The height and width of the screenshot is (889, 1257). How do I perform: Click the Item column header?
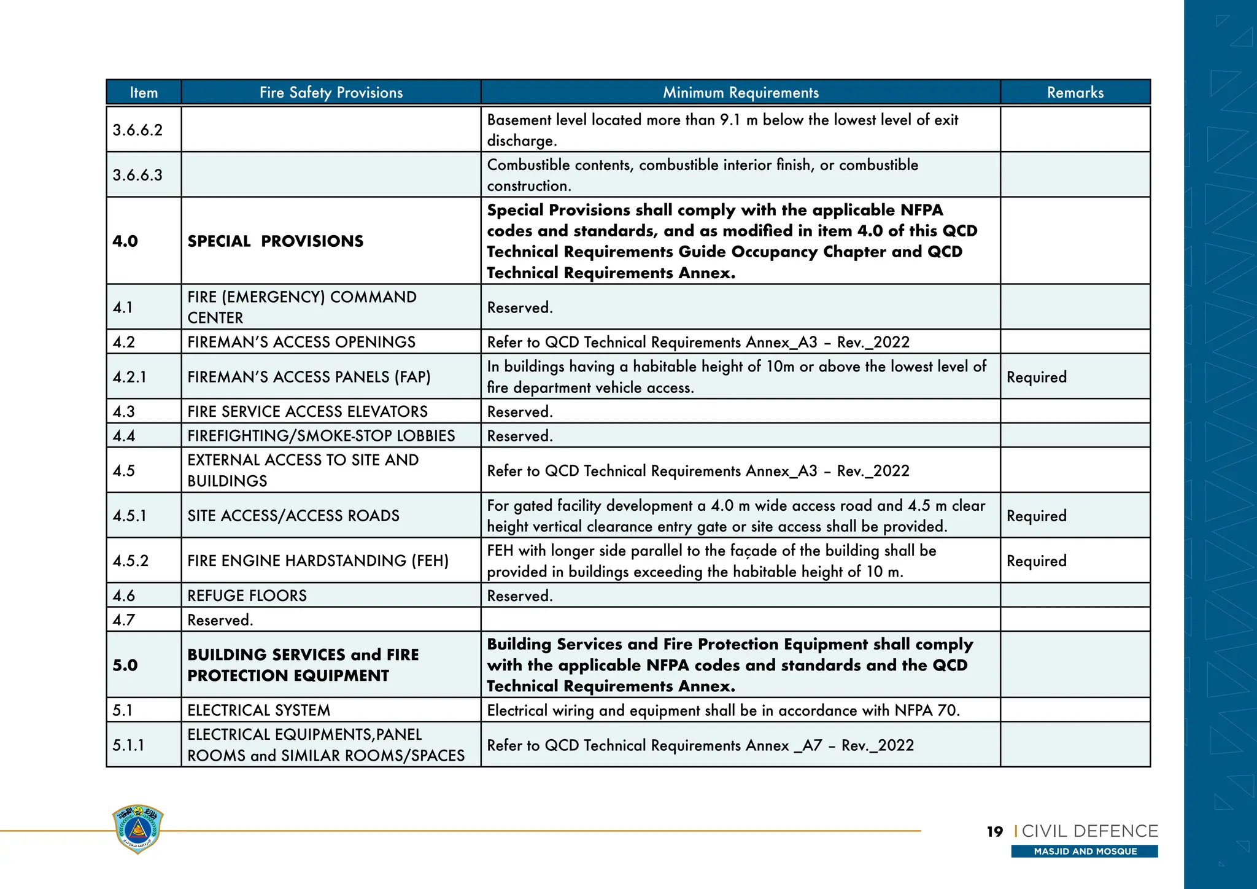point(144,93)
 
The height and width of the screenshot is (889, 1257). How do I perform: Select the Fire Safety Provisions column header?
point(331,93)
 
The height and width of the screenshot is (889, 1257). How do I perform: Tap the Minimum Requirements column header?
point(740,93)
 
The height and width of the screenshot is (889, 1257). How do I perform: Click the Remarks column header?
point(1075,93)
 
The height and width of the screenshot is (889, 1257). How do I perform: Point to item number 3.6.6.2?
point(137,130)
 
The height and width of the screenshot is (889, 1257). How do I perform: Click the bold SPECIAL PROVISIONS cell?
point(275,241)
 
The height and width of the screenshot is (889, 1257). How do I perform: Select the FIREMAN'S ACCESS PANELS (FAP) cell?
point(309,377)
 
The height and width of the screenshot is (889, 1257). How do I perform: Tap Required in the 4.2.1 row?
point(1036,377)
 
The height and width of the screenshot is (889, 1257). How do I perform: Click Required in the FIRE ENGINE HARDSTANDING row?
point(1036,561)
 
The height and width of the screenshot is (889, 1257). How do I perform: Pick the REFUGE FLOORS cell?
point(247,596)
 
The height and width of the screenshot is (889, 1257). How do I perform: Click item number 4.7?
point(123,620)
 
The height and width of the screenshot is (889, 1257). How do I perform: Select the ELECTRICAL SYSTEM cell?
point(258,710)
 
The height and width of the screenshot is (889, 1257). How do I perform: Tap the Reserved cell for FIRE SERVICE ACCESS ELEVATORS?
point(520,412)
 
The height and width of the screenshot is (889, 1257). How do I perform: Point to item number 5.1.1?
point(128,745)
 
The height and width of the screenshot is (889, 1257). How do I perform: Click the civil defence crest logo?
point(138,829)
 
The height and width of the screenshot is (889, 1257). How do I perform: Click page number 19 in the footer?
point(994,832)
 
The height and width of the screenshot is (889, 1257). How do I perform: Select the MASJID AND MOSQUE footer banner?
point(1085,852)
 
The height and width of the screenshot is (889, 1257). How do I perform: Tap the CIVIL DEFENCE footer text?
point(1089,831)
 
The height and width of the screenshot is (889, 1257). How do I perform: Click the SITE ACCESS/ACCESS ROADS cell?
point(293,516)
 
